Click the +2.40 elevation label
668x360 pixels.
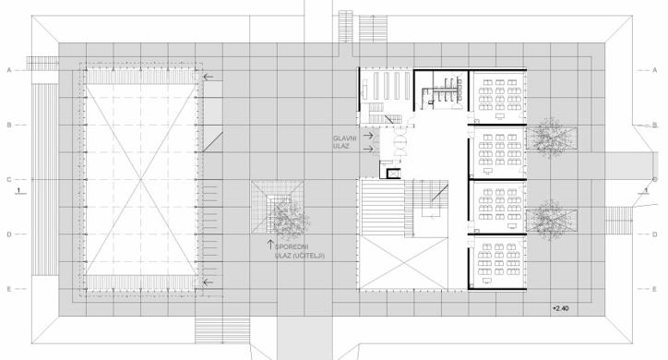pos(560,308)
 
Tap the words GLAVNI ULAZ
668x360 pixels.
pos(342,142)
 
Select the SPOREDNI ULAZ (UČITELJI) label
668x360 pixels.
pos(300,251)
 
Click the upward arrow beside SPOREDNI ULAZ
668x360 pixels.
pos(270,245)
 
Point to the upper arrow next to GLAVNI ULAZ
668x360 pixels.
pos(368,136)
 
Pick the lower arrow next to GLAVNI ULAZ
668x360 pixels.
pos(368,150)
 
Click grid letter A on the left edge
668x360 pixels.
pos(9,70)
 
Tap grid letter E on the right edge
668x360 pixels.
pos(655,289)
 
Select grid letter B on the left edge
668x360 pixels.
pos(9,126)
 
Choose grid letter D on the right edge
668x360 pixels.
pos(655,234)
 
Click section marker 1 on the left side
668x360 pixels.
pos(18,190)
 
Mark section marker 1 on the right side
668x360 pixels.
pos(646,190)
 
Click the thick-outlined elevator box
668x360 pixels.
pos(393,174)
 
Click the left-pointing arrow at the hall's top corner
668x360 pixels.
pos(208,78)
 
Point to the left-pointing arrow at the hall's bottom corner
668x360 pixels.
pos(208,282)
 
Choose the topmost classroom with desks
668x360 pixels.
pos(497,97)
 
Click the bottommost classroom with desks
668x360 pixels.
pos(497,262)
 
